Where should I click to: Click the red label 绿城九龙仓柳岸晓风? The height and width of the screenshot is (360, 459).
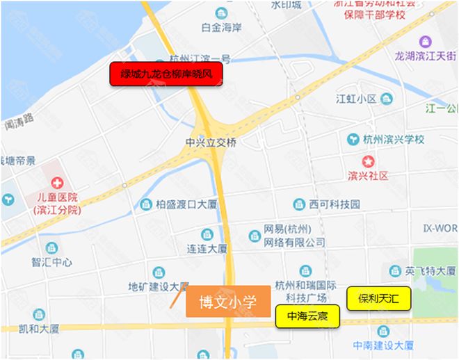[166, 74]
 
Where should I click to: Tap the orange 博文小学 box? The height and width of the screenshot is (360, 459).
[227, 302]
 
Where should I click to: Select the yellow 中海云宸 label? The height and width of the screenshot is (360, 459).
[307, 317]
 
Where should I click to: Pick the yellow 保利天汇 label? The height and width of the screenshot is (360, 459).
[379, 298]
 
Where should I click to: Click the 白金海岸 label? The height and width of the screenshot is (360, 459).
[220, 28]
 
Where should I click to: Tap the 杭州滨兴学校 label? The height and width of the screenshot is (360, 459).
[394, 139]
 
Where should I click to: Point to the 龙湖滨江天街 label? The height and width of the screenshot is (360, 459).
[426, 56]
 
